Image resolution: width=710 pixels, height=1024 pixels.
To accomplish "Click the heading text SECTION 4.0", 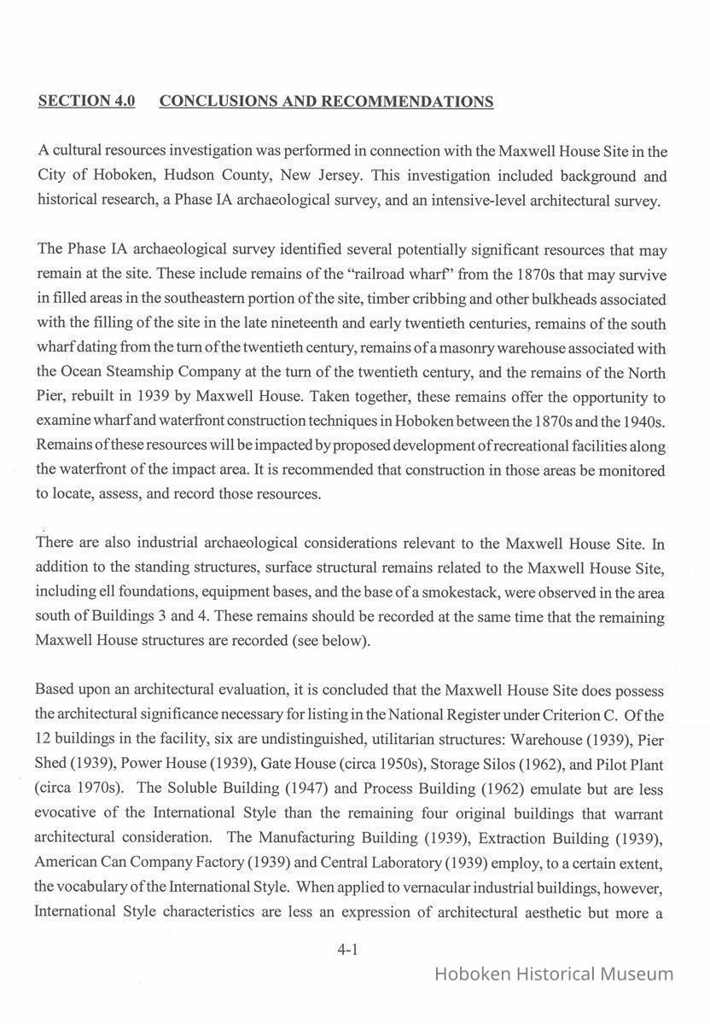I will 87,102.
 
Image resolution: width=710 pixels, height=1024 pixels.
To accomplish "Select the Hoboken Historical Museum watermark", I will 554,974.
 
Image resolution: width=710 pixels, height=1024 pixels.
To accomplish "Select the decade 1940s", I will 641,422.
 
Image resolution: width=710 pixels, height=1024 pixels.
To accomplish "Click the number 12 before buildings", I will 44,740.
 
